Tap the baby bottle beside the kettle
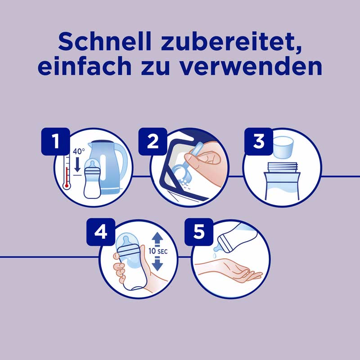(x=93, y=180)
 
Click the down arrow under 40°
(x=77, y=164)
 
